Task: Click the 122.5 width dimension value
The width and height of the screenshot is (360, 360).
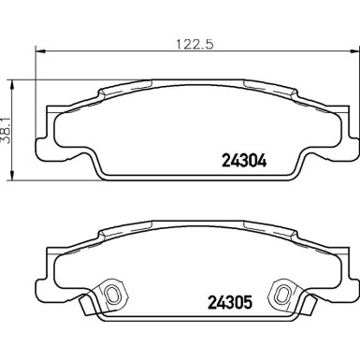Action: pyautogui.click(x=194, y=44)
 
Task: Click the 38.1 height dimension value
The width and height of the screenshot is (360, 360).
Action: pyautogui.click(x=6, y=130)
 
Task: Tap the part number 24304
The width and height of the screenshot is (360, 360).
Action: pyautogui.click(x=244, y=161)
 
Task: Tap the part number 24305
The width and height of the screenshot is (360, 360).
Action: pyautogui.click(x=229, y=302)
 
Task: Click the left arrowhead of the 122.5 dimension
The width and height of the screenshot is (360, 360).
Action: pyautogui.click(x=40, y=51)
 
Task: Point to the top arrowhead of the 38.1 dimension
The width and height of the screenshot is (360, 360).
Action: pyautogui.click(x=12, y=85)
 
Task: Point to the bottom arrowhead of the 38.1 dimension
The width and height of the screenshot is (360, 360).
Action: pyautogui.click(x=12, y=175)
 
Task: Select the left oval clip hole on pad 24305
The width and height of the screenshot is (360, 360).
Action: pyautogui.click(x=111, y=294)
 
